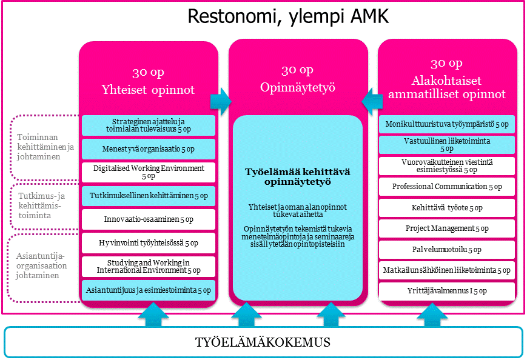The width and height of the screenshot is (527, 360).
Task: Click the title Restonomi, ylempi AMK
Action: click(288, 16)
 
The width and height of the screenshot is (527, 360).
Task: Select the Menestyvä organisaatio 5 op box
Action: click(149, 148)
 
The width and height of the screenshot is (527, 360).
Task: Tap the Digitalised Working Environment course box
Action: click(149, 172)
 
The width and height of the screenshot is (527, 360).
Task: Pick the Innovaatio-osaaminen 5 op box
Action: click(149, 219)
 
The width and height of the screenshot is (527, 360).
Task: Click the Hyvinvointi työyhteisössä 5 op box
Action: click(149, 242)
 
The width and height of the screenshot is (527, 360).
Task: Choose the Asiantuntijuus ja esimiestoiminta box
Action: click(149, 290)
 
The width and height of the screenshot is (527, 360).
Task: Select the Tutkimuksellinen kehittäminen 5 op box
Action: click(149, 195)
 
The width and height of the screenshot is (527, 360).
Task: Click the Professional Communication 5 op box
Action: click(447, 187)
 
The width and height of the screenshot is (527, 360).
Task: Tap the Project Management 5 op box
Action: click(447, 228)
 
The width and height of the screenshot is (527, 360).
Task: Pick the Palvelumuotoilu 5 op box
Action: click(447, 250)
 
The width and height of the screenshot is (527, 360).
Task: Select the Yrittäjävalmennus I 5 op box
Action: click(447, 291)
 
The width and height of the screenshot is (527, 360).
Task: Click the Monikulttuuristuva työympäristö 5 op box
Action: click(447, 124)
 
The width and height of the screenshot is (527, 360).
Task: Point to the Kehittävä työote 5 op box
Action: click(447, 208)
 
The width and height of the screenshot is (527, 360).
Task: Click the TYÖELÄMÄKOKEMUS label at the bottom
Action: click(263, 342)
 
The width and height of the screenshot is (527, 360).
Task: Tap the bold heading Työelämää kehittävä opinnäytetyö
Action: click(298, 177)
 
